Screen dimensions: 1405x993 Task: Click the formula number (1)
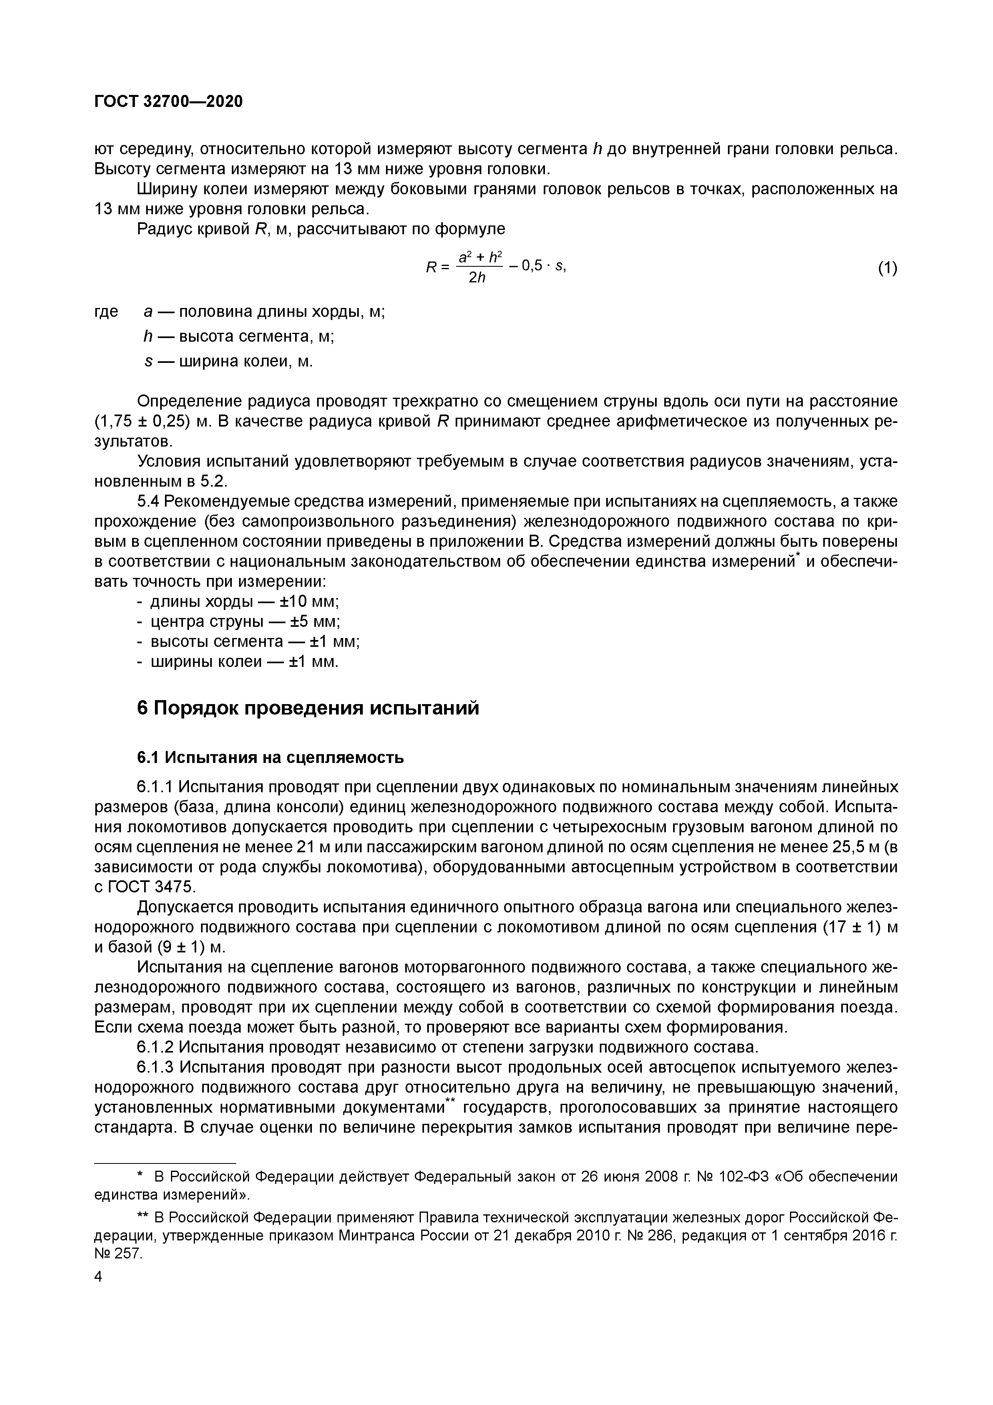(887, 268)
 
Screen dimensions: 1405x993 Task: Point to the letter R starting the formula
(431, 267)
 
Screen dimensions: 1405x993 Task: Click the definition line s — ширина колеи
(228, 362)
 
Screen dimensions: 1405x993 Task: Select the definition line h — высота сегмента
(239, 336)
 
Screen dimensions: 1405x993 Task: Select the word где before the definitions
(107, 312)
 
